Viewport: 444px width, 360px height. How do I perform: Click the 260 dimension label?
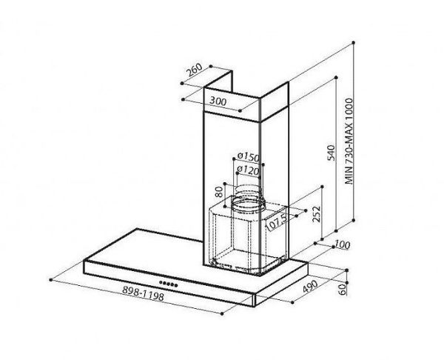point(193,70)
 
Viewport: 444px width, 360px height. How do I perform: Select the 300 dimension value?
point(217,100)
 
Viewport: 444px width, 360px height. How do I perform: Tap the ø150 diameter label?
point(247,157)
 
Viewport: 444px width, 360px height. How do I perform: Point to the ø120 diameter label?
point(247,170)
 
